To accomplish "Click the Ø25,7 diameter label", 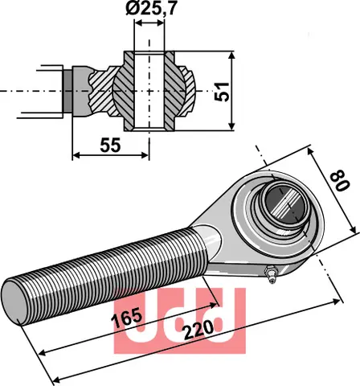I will (x=152, y=11).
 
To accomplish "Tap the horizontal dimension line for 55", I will (x=111, y=154).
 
